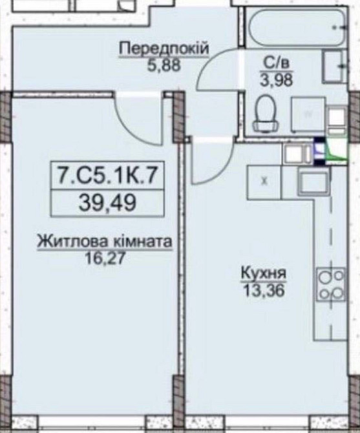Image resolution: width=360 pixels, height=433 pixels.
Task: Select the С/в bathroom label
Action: pyautogui.click(x=271, y=63)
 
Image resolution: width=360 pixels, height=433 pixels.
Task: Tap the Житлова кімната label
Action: pyautogui.click(x=104, y=243)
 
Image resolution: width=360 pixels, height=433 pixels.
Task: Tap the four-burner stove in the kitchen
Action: pyautogui.click(x=330, y=285)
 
